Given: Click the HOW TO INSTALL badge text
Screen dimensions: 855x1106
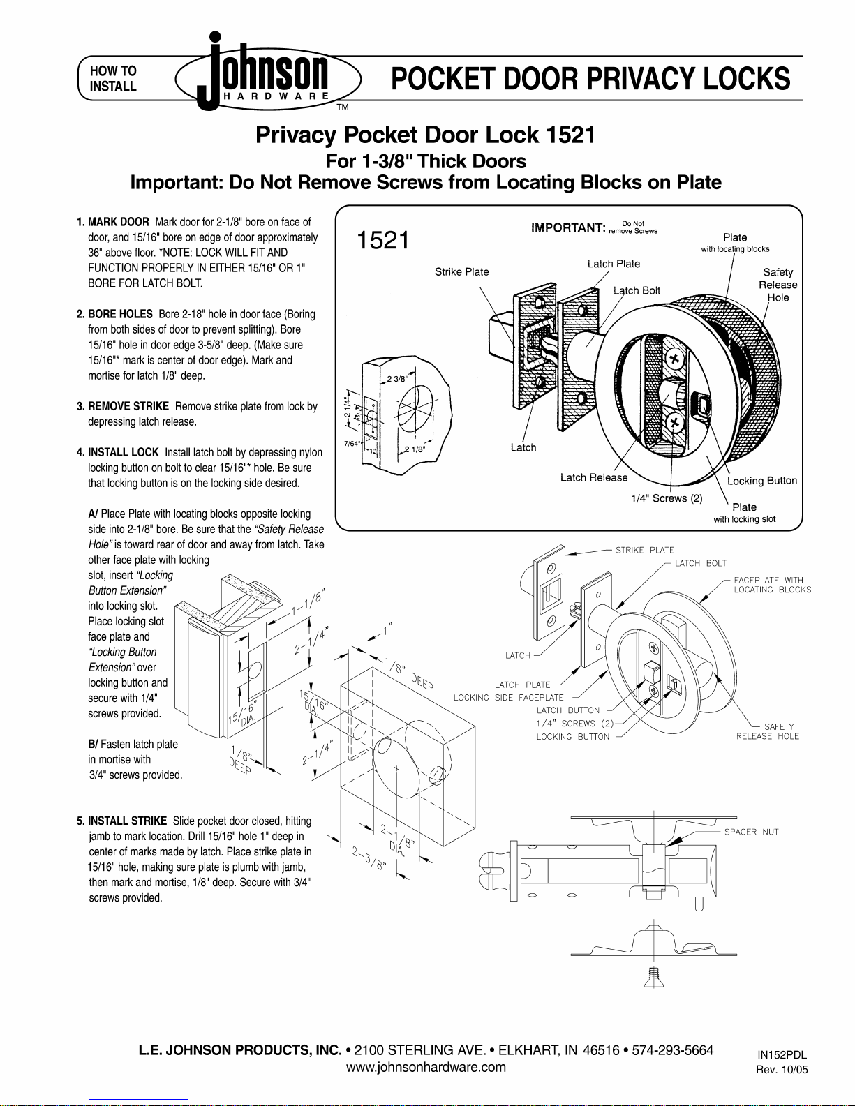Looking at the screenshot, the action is click(x=113, y=78).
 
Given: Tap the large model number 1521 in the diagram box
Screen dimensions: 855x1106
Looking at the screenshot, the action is click(x=382, y=240).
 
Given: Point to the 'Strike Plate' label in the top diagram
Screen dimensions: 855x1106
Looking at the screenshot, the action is click(x=461, y=272).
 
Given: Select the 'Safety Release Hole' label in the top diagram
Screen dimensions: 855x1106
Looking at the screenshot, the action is click(x=778, y=285).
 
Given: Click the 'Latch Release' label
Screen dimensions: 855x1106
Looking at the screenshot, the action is click(x=594, y=477).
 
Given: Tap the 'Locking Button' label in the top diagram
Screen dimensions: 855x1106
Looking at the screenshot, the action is click(x=762, y=481).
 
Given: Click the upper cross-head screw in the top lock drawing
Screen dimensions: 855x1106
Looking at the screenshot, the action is click(x=674, y=360).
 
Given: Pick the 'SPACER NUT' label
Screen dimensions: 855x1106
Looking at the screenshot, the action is click(x=751, y=832).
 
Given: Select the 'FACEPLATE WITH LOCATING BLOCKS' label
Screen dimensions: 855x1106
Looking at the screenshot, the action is click(x=772, y=585).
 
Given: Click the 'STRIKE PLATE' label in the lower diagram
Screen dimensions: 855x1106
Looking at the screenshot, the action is click(x=645, y=550).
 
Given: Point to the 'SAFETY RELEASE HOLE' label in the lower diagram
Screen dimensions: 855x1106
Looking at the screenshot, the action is click(x=768, y=731).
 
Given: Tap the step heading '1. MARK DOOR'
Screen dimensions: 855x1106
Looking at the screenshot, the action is click(x=113, y=222).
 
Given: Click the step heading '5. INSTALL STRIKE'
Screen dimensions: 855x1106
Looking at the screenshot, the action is click(x=121, y=821).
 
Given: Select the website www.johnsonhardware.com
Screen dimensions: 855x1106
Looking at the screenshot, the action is click(x=426, y=1067).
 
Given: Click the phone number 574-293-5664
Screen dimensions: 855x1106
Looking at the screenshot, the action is click(x=672, y=1049).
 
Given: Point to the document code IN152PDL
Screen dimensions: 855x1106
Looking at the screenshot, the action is click(x=782, y=1055).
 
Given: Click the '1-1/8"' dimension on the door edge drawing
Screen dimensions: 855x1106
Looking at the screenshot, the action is click(x=308, y=601).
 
